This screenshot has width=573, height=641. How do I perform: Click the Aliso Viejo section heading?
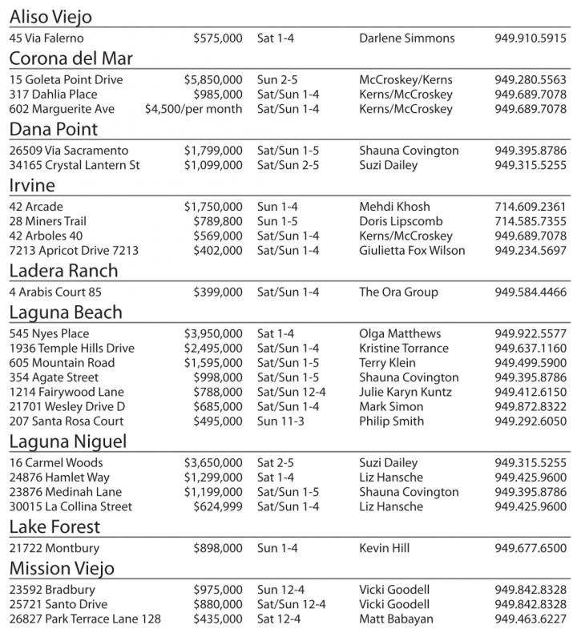pos(50,17)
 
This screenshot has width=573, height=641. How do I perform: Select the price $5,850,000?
pos(212,80)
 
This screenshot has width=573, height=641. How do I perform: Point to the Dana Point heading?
pos(53,130)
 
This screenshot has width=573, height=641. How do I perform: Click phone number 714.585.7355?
pos(531,221)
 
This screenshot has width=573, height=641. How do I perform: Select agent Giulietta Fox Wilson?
pos(412,250)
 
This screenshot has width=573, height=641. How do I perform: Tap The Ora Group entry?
pos(396,292)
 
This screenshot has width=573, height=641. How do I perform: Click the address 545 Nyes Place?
pos(50,333)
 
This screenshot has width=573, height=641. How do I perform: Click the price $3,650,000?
pos(212,463)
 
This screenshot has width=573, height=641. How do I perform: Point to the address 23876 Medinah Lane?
pos(66,492)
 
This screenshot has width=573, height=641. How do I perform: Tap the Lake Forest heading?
pos(55,526)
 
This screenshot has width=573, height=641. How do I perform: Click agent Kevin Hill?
pos(384,548)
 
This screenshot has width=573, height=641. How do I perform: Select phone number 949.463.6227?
pos(531,619)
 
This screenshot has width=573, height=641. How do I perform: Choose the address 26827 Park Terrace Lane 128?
pos(85,619)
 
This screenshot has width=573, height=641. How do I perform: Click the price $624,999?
pos(217,506)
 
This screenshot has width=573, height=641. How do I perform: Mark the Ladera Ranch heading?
pos(63,271)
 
